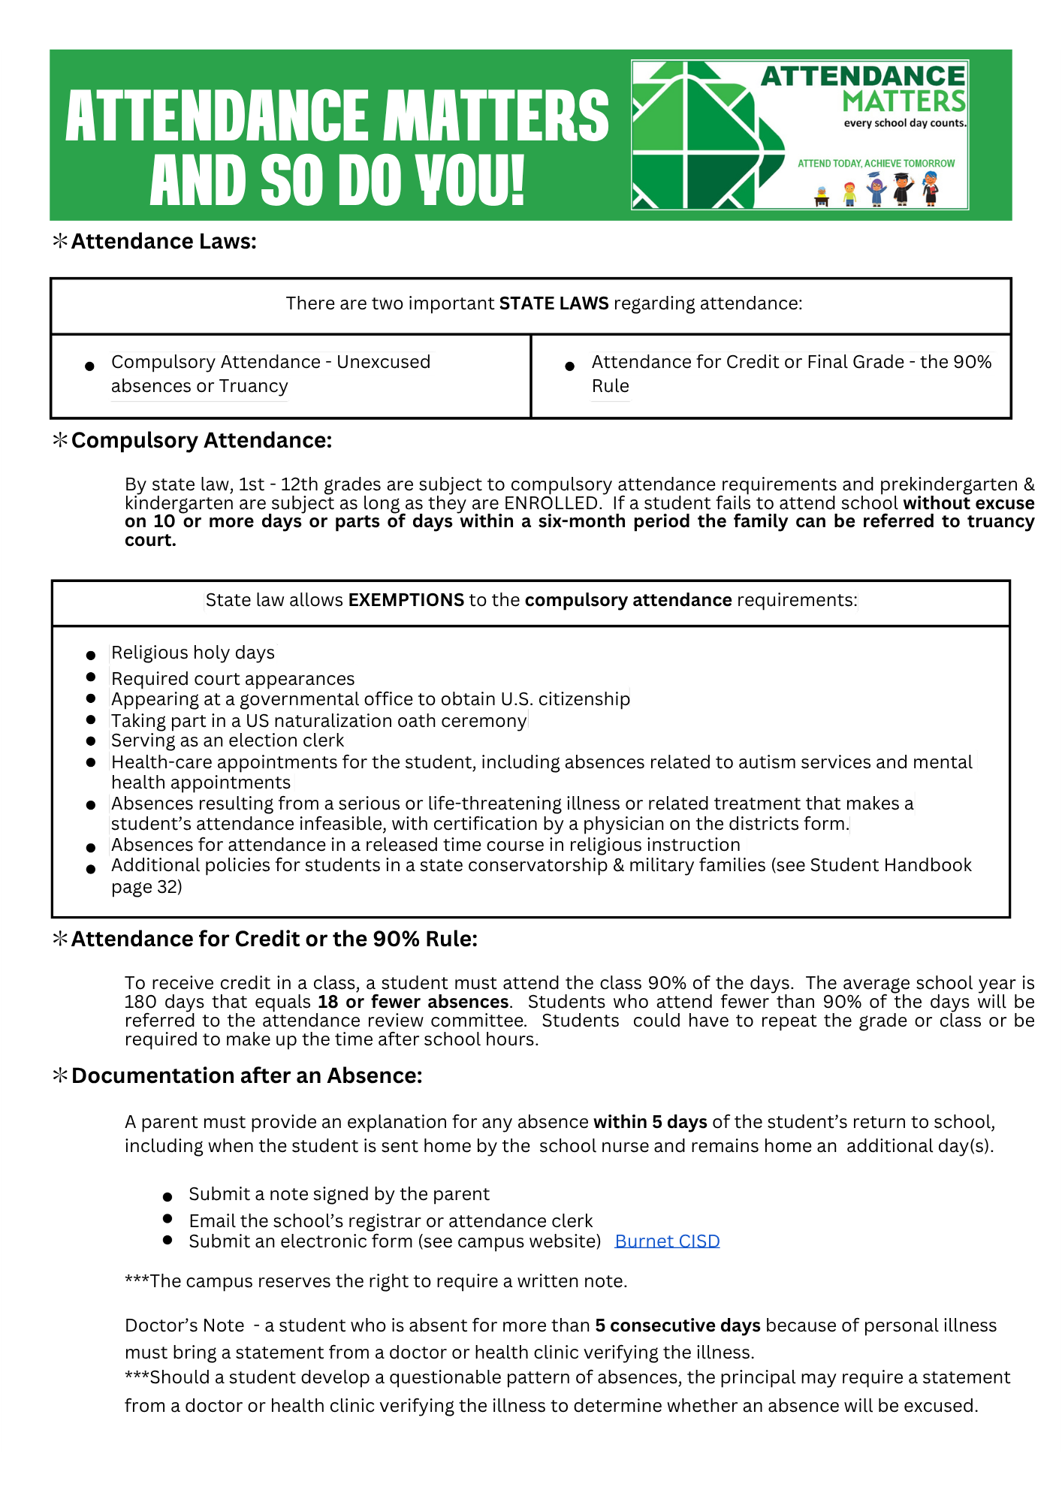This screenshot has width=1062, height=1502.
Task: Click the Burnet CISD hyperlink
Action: [x=667, y=1241]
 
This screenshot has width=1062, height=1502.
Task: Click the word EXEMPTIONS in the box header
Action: [x=406, y=600]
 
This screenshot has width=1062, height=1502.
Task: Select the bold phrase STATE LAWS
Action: [x=554, y=303]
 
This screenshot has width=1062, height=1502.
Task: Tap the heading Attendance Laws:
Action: [x=164, y=241]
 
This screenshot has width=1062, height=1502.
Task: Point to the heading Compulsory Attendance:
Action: [x=201, y=440]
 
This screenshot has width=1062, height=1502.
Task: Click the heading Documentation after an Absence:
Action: [x=246, y=1075]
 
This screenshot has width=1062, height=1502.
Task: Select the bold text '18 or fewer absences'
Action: [x=413, y=1002]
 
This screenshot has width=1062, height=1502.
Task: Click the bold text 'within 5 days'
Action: [x=650, y=1122]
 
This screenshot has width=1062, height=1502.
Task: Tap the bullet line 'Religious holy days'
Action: [x=193, y=653]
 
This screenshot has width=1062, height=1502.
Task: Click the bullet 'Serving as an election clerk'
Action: [x=228, y=740]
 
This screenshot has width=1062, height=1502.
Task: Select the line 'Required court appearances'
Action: [x=233, y=679]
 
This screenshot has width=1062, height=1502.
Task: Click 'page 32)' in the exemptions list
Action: [x=146, y=887]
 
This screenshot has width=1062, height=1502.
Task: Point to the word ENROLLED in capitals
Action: [x=552, y=503]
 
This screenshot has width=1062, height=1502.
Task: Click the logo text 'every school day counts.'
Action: [x=905, y=123]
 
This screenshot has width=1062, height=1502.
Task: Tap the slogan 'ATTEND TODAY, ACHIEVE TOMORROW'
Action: [x=876, y=164]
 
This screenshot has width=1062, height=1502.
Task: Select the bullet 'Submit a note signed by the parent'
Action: [x=339, y=1194]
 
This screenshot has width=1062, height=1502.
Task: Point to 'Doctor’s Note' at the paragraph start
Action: [x=185, y=1326]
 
